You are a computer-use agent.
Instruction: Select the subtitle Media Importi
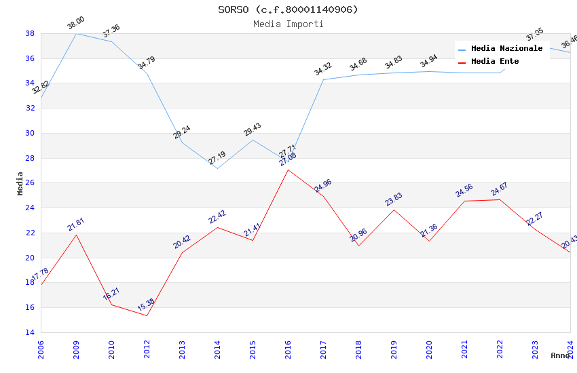point(288,24)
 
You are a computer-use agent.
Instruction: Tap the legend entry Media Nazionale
point(506,49)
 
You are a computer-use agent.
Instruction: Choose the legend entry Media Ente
point(495,62)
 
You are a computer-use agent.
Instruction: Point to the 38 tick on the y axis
point(30,33)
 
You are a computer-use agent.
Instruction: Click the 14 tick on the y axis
point(30,332)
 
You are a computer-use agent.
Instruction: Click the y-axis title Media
point(20,183)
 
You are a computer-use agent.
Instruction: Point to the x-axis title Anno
point(560,355)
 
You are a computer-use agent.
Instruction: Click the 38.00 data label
point(75,24)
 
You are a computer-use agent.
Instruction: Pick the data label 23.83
point(394,199)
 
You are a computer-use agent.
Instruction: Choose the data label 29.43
point(253,130)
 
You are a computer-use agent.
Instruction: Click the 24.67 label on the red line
point(500,190)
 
